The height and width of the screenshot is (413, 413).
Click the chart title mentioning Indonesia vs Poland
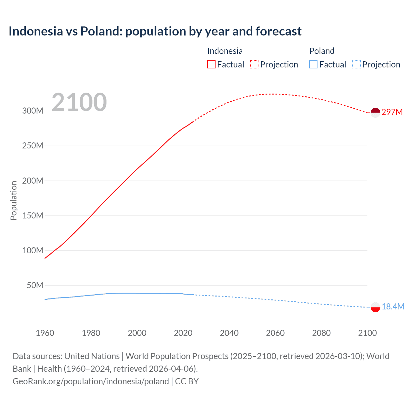pos(155,31)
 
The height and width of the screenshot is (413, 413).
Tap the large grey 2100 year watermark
pos(79,102)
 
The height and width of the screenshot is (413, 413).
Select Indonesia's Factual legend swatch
pos(211,64)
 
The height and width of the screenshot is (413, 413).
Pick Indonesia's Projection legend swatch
pos(254,64)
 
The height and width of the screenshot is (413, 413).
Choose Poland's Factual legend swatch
pos(313,64)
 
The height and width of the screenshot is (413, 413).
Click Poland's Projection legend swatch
pos(356,64)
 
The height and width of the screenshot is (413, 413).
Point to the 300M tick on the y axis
pos(33,111)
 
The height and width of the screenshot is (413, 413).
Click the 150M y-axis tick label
pos(33,216)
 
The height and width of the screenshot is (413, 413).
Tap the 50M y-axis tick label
pos(35,285)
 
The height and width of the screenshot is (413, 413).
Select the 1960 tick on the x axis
pos(45,333)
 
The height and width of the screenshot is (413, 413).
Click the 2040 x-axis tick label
pos(229,333)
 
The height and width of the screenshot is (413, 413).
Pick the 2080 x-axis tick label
pos(321,333)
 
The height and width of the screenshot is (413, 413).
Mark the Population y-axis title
pos(14,200)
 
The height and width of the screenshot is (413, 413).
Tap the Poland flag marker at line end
pos(375,307)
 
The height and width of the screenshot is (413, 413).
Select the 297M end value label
pos(392,112)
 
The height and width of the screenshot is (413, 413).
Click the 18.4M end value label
pos(393,307)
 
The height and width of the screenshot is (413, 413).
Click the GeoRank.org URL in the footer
pos(91,381)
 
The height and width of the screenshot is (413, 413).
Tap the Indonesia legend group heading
pos(225,51)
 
